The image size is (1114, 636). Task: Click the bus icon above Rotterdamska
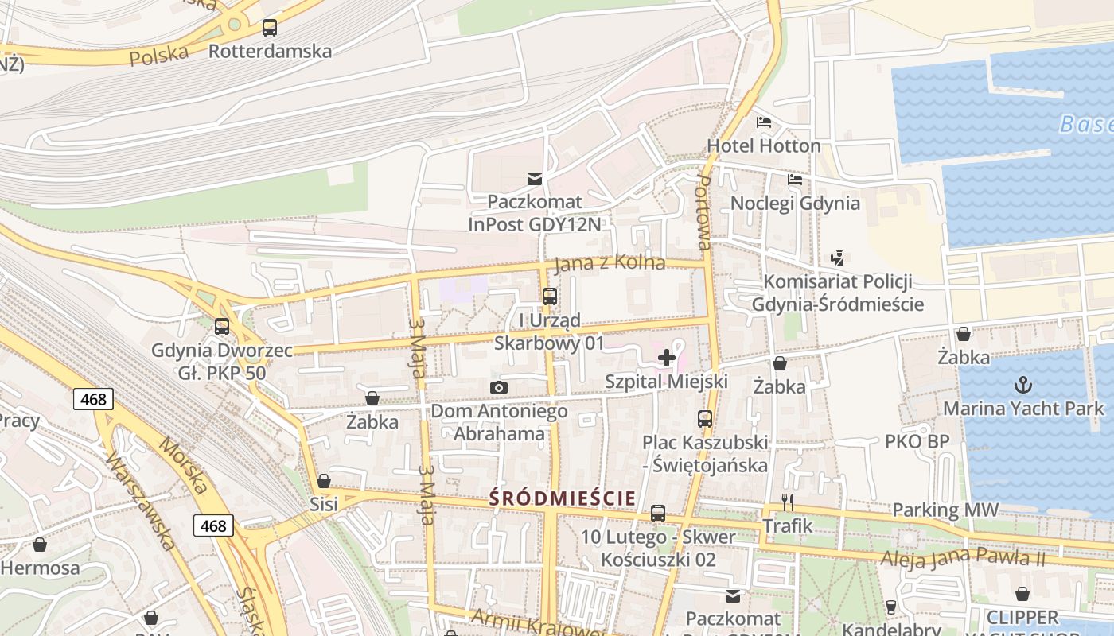point(270,28)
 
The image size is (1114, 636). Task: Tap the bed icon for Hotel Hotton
point(764,122)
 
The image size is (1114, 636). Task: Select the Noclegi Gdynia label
point(795,203)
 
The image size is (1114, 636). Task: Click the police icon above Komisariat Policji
point(836,258)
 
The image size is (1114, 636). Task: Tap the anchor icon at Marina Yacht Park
point(1022,386)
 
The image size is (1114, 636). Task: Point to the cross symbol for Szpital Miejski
point(667,359)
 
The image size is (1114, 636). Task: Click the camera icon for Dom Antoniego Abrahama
point(499,388)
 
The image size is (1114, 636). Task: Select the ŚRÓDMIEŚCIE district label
point(562,498)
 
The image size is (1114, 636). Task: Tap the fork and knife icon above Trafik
point(788,502)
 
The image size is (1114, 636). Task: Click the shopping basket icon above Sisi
point(324,481)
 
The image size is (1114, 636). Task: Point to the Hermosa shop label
point(41,568)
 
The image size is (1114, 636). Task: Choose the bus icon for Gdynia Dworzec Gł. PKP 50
point(222,326)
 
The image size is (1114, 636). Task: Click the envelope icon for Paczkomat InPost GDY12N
point(534,179)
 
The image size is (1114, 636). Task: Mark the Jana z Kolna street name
point(609,262)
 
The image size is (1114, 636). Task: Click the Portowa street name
point(703,214)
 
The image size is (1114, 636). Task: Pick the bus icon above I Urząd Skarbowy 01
point(549,297)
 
